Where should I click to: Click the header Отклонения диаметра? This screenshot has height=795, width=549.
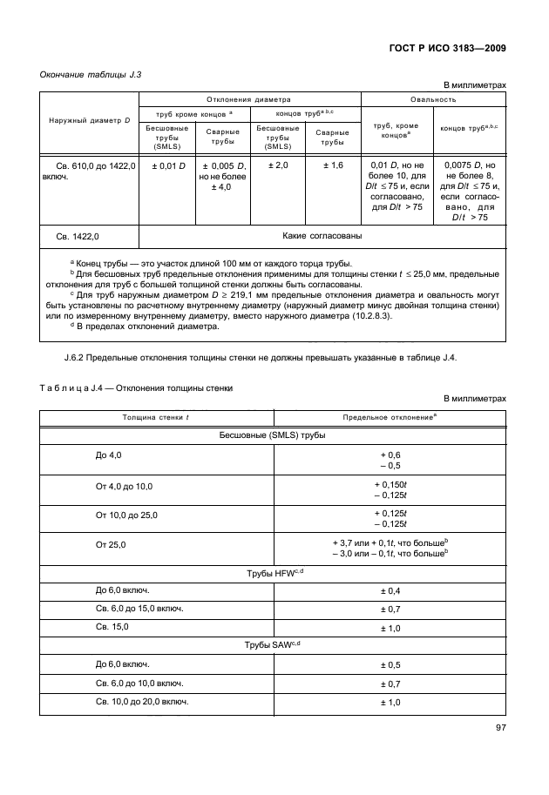click(249, 99)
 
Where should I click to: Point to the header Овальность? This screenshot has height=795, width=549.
click(433, 99)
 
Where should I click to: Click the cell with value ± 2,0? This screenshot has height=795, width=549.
click(278, 165)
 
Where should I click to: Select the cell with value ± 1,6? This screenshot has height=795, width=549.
click(333, 165)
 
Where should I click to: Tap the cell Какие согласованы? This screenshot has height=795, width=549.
click(322, 235)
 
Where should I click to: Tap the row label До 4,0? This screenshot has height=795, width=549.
click(109, 455)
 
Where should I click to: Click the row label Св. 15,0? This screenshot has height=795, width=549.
click(111, 626)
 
